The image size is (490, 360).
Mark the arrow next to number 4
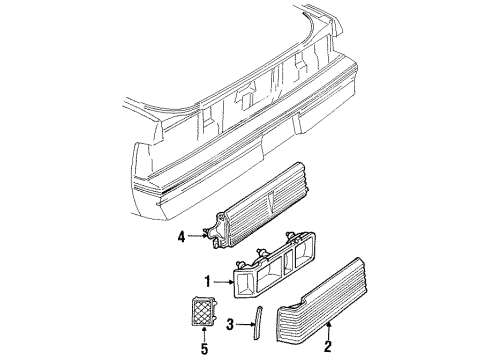(x=200, y=236)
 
